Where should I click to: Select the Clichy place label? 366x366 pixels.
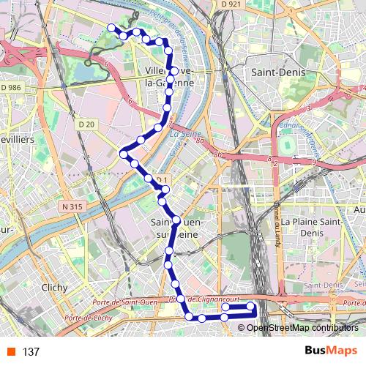[55, 288]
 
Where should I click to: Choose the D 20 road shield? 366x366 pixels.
[86, 124]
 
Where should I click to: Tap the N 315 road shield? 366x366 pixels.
[72, 207]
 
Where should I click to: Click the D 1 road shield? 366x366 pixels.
[162, 180]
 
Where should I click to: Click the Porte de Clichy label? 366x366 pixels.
[88, 318]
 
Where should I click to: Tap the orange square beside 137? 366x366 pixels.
[10, 351]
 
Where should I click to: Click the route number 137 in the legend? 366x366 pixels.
[31, 351]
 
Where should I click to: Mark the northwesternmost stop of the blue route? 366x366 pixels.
[112, 28]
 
